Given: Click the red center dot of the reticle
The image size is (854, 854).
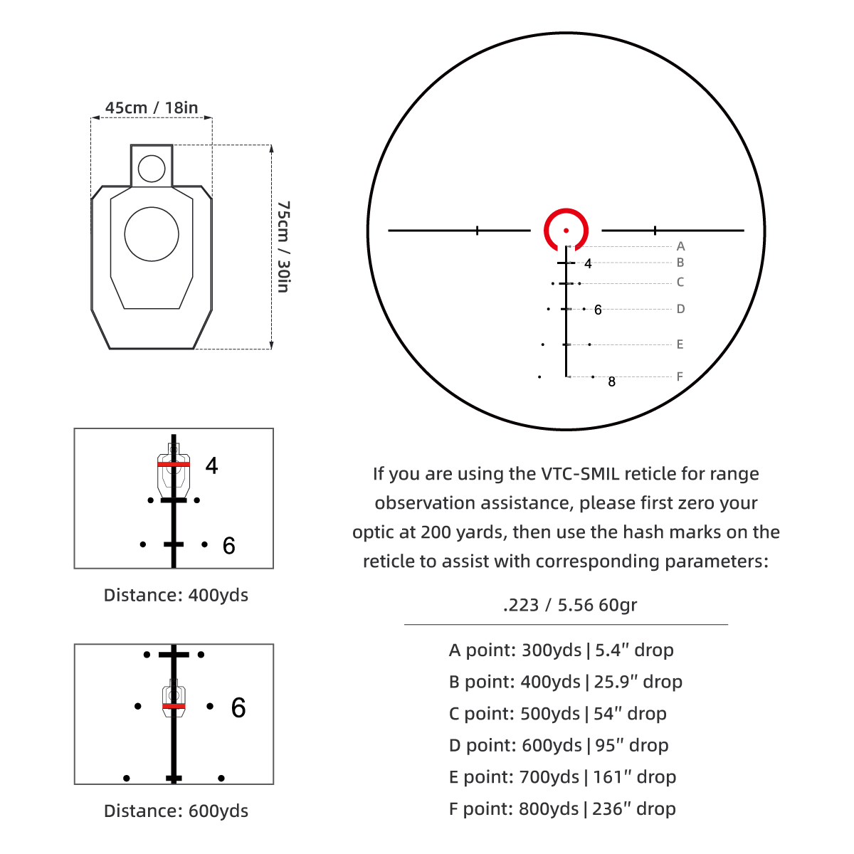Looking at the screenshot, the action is click(566, 231).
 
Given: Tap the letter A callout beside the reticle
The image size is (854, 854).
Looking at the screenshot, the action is click(681, 246).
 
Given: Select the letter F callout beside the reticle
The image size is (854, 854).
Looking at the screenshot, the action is click(680, 376).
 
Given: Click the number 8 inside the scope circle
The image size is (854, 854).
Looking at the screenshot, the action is click(611, 381).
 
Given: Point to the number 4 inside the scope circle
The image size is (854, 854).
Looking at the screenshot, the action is click(588, 264).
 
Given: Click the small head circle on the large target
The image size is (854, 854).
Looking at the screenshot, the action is click(152, 169).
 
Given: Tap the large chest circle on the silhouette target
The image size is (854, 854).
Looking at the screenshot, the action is click(152, 234).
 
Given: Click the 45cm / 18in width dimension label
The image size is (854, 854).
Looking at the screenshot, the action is click(152, 107).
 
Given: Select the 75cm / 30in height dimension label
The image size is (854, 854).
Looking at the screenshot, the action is click(283, 247).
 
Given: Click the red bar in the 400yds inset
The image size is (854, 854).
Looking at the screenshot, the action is click(174, 464).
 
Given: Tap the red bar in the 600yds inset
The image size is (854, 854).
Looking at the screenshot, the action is click(174, 705).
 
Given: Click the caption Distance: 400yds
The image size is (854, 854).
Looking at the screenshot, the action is click(176, 595).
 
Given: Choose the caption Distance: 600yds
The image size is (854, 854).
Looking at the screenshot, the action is click(176, 811).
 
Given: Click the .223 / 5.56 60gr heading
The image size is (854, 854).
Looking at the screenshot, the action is click(570, 605).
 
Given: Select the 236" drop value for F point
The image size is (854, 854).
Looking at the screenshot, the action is click(634, 808).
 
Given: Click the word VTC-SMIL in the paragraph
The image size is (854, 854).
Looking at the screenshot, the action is click(580, 474).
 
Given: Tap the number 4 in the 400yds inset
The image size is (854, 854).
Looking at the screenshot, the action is click(212, 465).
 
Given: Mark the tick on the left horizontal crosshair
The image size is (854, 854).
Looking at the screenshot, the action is click(477, 231).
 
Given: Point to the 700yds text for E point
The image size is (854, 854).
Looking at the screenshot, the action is click(549, 777).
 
